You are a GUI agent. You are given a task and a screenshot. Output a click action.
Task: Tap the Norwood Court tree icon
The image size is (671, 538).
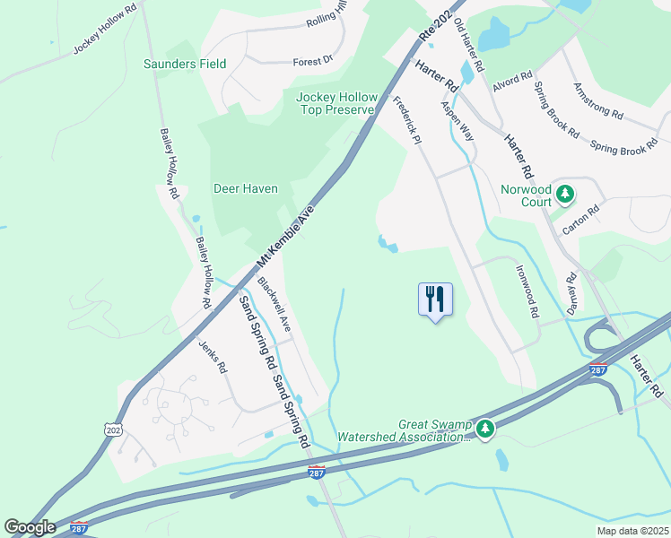pos(565,192)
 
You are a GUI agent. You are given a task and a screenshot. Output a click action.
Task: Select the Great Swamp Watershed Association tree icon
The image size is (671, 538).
pos(485,430)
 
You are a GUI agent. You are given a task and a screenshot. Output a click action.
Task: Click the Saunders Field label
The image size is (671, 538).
pos(185,64)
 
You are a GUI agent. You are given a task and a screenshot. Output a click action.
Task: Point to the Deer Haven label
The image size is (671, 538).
pos(246,189)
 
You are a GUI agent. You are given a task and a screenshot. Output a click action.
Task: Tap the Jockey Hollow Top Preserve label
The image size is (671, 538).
pos(335,103)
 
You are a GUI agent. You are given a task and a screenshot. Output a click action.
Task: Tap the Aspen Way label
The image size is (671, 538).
pos(457,118)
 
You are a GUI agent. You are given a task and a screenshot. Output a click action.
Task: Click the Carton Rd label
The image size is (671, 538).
pos(579,219)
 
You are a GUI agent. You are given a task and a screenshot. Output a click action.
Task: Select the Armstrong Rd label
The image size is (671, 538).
pos(597,100)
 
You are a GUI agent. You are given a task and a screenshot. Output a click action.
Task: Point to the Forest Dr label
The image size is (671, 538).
pos(312,61)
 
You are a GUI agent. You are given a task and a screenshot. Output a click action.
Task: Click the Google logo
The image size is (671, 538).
pos(29,527)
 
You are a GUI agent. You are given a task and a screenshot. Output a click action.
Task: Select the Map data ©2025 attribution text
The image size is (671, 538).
pos(632,531)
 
